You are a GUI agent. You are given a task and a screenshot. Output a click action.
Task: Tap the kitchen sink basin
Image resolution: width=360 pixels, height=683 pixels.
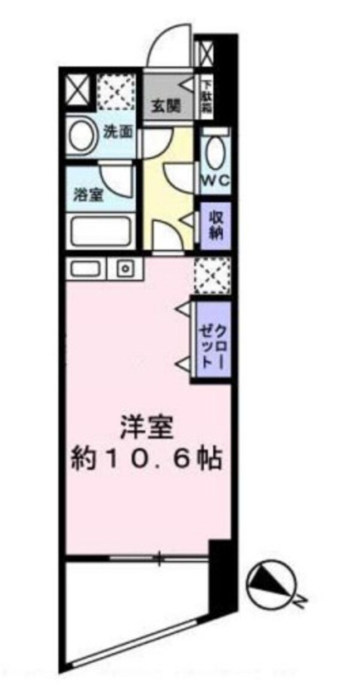coord(88,268)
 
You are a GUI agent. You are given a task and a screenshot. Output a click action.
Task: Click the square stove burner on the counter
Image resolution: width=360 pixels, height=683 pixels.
coord(125,268)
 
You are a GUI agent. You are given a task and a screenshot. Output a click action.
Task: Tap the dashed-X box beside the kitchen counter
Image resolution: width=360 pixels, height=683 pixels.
coord(212,275)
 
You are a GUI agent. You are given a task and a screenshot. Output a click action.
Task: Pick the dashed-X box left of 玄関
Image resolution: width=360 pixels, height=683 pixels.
coord(116,91)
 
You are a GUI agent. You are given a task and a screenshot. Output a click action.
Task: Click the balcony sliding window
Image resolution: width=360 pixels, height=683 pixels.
coord(159,559)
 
